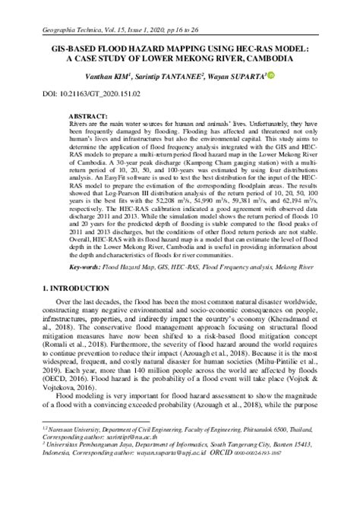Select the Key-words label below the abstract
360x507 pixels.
point(65,310)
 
